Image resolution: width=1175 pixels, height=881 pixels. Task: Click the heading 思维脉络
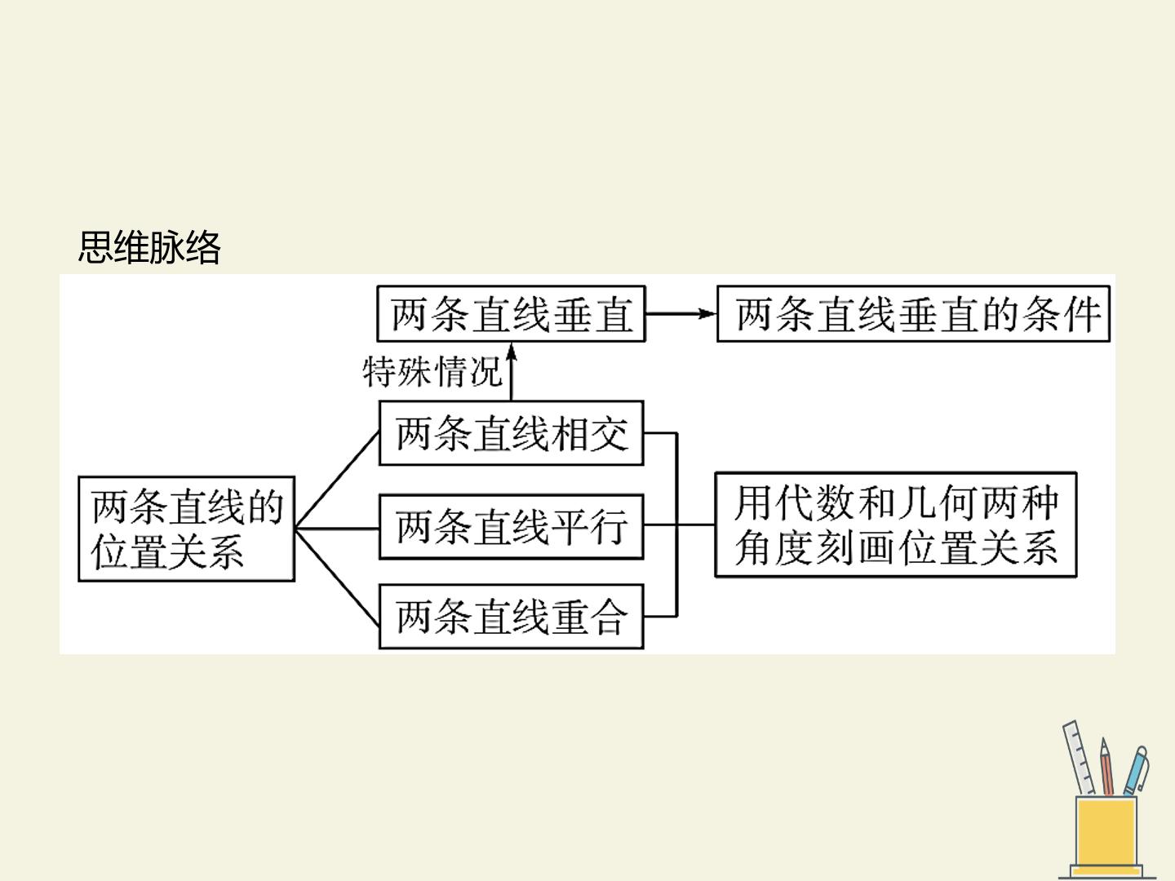149,247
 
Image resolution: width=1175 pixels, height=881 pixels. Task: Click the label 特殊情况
432,371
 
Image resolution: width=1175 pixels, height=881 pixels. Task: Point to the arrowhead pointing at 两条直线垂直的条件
707,313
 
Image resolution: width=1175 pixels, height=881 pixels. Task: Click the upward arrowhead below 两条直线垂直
512,352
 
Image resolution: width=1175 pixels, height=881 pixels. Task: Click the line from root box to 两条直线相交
337,480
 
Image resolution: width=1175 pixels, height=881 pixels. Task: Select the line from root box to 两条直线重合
337,578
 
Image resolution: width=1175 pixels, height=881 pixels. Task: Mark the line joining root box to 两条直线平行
337,529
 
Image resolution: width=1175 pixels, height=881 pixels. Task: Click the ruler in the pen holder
1078,758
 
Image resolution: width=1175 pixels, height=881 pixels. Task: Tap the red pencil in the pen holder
1107,767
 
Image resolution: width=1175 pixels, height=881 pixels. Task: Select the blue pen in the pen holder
1135,770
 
